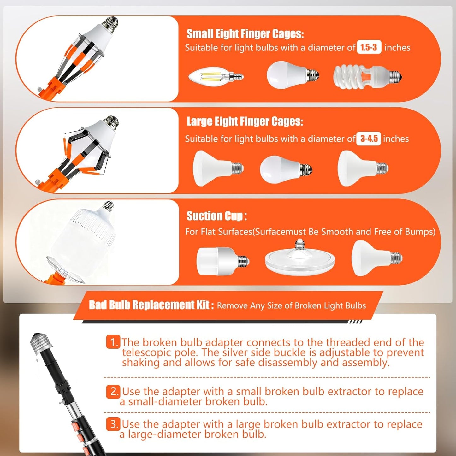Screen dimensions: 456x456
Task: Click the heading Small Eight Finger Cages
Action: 245,34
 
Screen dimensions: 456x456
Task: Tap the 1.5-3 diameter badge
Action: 369,48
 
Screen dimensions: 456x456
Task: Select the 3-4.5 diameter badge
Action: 369,139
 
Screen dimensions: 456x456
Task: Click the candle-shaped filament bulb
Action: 216,76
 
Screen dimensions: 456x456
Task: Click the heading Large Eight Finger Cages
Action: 245,121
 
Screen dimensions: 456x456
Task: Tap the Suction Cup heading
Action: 216,216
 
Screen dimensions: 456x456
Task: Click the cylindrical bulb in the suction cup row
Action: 223,261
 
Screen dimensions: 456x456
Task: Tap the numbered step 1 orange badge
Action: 113,342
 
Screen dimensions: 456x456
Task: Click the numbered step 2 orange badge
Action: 113,392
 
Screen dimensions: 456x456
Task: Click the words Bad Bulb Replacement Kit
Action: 149,305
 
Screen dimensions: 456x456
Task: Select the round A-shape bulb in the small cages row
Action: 293,74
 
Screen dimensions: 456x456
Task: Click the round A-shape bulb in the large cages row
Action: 286,169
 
